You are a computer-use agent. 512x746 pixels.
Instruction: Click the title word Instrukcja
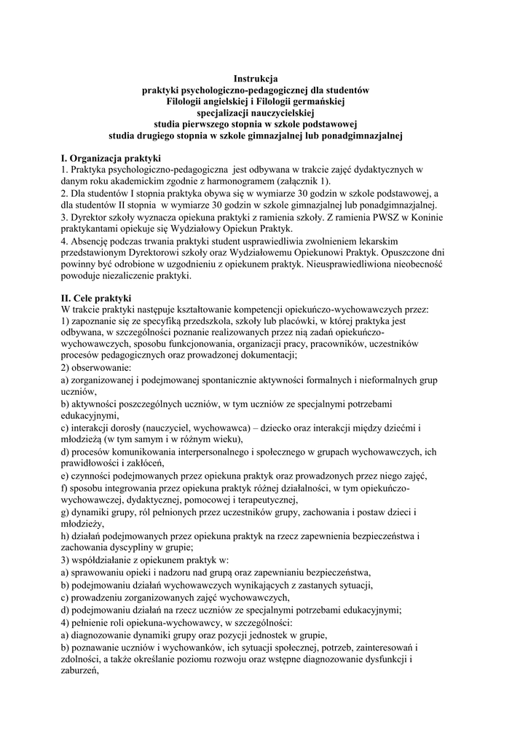[x=256, y=78]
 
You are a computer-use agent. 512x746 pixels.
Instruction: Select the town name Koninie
[x=434, y=217]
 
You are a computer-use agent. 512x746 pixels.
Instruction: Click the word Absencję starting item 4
[x=92, y=240]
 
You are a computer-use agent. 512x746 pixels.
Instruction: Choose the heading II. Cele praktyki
[x=97, y=297]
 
